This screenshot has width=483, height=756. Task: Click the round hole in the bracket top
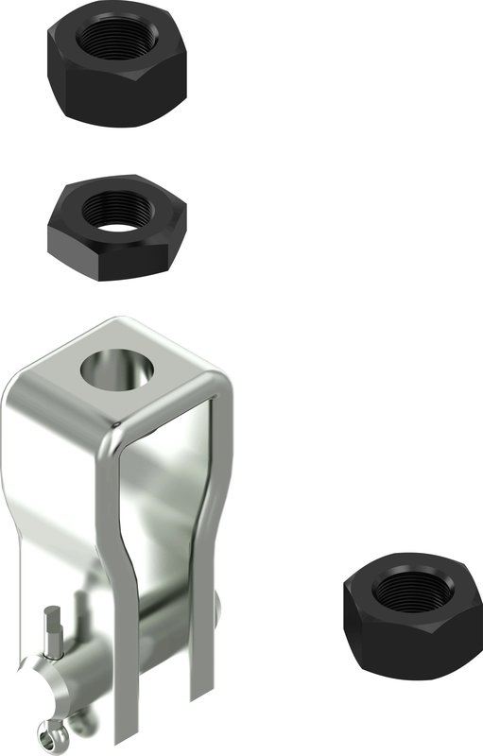(120, 369)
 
